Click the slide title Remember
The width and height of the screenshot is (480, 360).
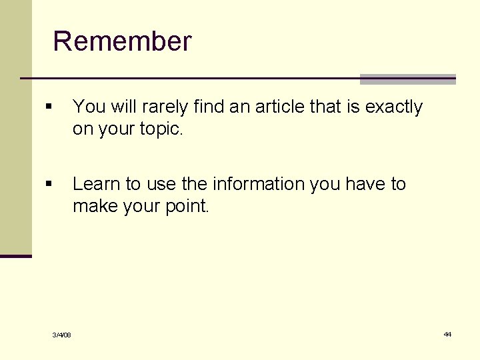click(x=122, y=41)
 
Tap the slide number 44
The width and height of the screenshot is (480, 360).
click(x=447, y=334)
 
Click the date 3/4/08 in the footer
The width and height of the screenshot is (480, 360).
click(x=63, y=335)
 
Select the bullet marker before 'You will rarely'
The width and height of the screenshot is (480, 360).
click(x=48, y=107)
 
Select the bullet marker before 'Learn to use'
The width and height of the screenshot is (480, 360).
click(x=48, y=184)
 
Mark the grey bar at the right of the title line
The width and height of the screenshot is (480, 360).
click(x=407, y=79)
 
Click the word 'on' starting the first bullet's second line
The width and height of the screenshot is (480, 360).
click(x=83, y=129)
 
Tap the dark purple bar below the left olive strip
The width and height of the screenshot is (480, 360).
click(x=15, y=256)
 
